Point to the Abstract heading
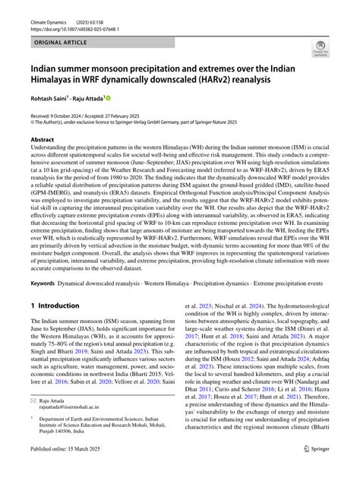pyautogui.click(x=43, y=141)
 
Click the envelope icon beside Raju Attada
pyautogui.click(x=34, y=399)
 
